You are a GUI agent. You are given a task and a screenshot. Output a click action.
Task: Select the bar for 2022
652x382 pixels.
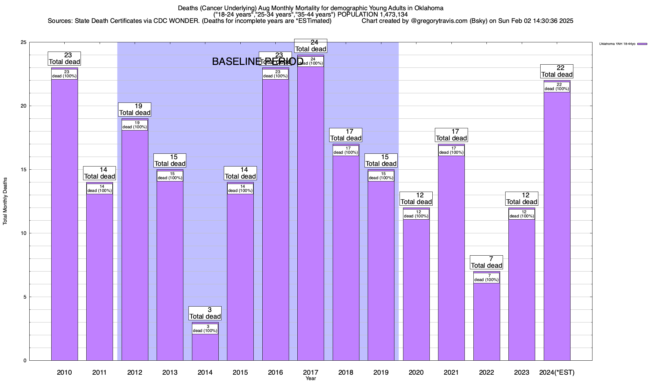pyautogui.click(x=486, y=322)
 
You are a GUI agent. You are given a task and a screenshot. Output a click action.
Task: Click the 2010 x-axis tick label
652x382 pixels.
pyautogui.click(x=64, y=372)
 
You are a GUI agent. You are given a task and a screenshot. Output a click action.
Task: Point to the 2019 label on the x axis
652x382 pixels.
pyautogui.click(x=381, y=372)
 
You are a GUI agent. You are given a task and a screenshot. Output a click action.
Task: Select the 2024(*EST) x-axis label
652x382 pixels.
pyautogui.click(x=557, y=372)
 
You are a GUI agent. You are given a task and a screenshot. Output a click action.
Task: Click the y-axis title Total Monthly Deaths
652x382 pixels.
pyautogui.click(x=5, y=201)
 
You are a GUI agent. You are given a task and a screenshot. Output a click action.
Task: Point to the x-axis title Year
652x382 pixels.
pyautogui.click(x=311, y=378)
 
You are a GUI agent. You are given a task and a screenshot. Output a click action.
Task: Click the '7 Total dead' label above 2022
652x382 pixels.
pyautogui.click(x=486, y=262)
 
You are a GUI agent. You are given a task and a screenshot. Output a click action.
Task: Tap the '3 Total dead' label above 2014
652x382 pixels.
pyautogui.click(x=205, y=313)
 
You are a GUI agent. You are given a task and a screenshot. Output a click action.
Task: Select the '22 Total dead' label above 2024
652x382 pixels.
pyautogui.click(x=557, y=71)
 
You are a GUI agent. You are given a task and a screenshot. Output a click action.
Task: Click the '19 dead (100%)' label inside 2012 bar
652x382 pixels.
pyautogui.click(x=135, y=125)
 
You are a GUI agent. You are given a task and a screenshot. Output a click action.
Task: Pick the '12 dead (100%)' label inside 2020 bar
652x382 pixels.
pyautogui.click(x=416, y=214)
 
